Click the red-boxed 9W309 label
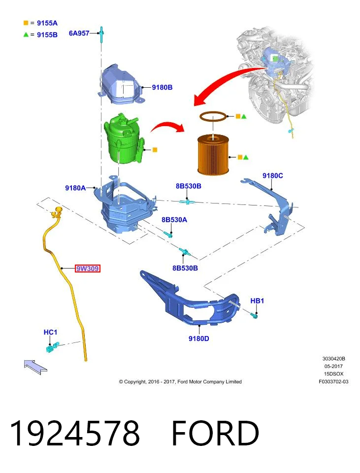click(x=88, y=268)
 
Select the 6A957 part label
click(x=79, y=33)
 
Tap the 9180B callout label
click(x=162, y=87)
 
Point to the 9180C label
click(x=272, y=175)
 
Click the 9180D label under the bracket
click(x=198, y=338)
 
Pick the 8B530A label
click(x=174, y=220)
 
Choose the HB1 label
click(x=257, y=301)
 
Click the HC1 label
click(x=50, y=332)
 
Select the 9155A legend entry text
click(x=47, y=23)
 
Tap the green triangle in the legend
click(x=26, y=34)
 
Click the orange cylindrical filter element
click(x=213, y=155)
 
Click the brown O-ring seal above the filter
click(x=213, y=116)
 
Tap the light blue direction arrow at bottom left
click(x=35, y=367)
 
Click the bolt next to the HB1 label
click(x=254, y=316)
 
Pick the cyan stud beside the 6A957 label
click(x=101, y=34)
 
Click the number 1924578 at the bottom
click(x=75, y=433)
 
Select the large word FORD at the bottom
click(x=215, y=433)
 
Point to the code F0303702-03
click(x=333, y=381)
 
